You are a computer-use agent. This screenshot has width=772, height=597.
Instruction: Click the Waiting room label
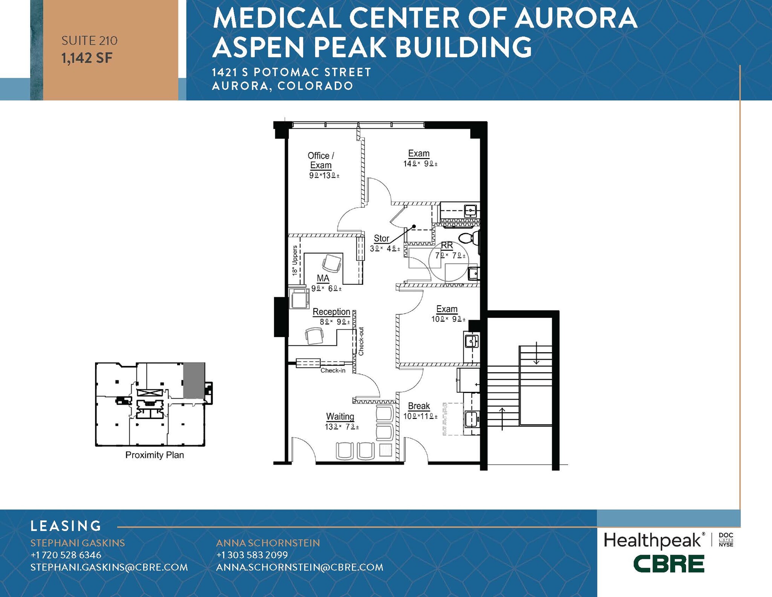[x=340, y=416]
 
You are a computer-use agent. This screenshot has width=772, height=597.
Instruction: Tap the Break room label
[x=419, y=406]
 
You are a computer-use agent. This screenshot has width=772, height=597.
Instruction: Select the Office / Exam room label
[x=321, y=160]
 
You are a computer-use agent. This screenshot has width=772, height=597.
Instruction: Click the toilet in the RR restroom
[x=469, y=238]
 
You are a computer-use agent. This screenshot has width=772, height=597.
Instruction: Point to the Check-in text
[x=333, y=371]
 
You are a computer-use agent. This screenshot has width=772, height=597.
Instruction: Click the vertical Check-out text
[x=361, y=341]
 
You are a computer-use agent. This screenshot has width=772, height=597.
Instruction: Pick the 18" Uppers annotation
[x=295, y=260]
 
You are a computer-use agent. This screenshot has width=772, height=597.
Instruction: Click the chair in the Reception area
[x=314, y=335]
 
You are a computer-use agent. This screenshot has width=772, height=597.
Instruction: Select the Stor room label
[x=381, y=238]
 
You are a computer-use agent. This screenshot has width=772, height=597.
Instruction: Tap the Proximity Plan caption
[x=155, y=455]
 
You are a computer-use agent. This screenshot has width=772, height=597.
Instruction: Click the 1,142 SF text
[x=87, y=58]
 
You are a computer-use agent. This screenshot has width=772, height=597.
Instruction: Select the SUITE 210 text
[x=89, y=40]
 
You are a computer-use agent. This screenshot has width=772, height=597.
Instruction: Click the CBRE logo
[x=668, y=564]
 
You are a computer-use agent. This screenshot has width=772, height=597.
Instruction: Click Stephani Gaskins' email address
[x=109, y=567]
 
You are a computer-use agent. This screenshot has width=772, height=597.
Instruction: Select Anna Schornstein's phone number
[x=252, y=555]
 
